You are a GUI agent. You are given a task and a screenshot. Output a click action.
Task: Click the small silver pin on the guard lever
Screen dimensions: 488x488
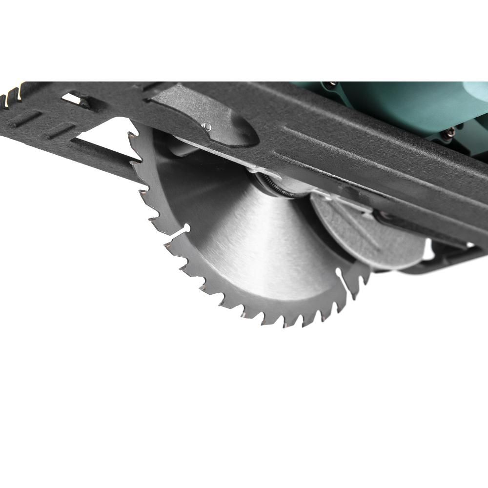pos(207,126)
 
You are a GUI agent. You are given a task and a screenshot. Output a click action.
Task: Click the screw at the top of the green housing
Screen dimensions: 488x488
pos(330,84)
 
